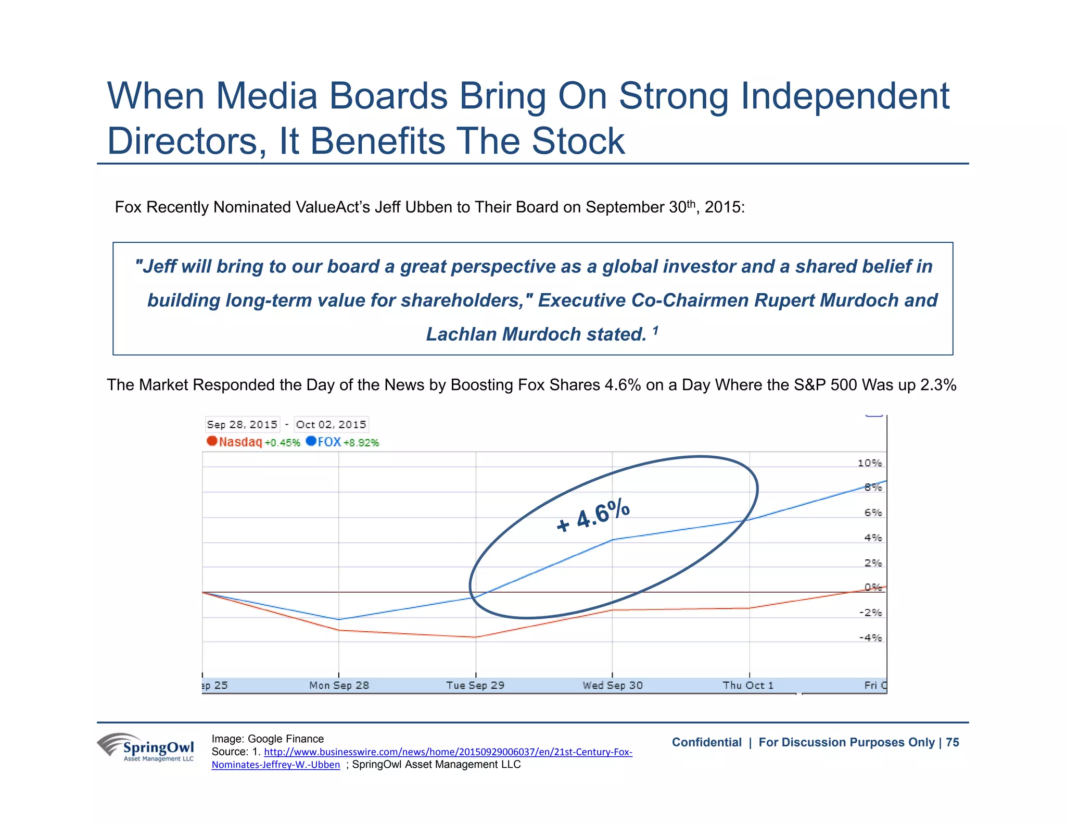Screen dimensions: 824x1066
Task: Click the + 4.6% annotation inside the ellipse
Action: (593, 516)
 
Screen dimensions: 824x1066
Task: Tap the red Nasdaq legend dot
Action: (212, 441)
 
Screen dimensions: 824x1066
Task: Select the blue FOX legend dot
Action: (311, 441)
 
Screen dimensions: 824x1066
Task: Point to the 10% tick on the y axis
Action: (869, 463)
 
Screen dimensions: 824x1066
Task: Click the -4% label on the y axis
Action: (870, 638)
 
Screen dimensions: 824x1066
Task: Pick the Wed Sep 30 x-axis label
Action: (613, 685)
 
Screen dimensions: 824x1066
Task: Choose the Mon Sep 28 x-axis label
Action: (339, 685)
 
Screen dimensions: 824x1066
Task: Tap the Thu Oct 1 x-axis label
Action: (748, 685)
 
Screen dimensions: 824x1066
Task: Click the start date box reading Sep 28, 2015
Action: (242, 425)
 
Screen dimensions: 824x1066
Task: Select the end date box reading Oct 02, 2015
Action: (331, 425)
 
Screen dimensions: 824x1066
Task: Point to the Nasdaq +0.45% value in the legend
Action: (282, 443)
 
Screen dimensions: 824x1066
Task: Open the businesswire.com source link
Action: (448, 752)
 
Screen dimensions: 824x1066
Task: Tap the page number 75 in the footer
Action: (953, 742)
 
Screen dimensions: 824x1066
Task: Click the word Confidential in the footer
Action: (706, 742)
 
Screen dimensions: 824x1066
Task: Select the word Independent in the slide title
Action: (845, 96)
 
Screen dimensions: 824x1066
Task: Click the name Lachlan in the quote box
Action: (461, 334)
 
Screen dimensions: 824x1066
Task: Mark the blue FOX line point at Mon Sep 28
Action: (339, 619)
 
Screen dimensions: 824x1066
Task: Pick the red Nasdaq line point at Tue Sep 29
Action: (476, 637)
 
